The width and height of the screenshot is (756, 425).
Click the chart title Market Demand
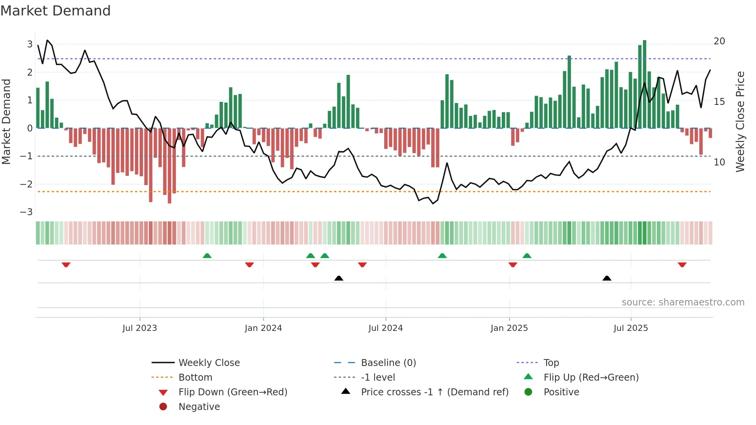pos(56,11)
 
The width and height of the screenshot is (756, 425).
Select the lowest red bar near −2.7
pos(169,166)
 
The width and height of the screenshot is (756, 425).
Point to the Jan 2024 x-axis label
pos(263,328)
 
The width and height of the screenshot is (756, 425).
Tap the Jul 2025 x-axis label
pos(631,328)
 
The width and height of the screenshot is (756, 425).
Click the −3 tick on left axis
pos(27,212)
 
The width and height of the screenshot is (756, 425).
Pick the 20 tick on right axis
pos(719,41)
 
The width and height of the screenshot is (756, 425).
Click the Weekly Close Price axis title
pos(740,121)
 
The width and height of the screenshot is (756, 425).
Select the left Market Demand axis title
pos(7,121)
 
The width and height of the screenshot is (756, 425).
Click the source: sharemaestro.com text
pos(683,302)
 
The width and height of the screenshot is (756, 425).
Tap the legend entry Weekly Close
pos(209,363)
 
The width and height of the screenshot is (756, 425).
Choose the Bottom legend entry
pos(195,378)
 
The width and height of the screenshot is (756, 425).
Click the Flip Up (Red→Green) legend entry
pos(591,378)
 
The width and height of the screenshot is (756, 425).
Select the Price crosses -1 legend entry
pos(434,392)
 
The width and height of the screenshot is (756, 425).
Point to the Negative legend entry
pos(199,407)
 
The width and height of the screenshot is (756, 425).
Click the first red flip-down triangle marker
pos(66,265)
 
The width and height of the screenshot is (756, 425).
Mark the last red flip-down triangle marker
pos(682,265)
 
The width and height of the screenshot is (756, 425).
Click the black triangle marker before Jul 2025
pos(607,278)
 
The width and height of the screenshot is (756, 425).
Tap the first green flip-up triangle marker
pos(207,256)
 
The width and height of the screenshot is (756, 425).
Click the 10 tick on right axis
pos(719,162)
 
